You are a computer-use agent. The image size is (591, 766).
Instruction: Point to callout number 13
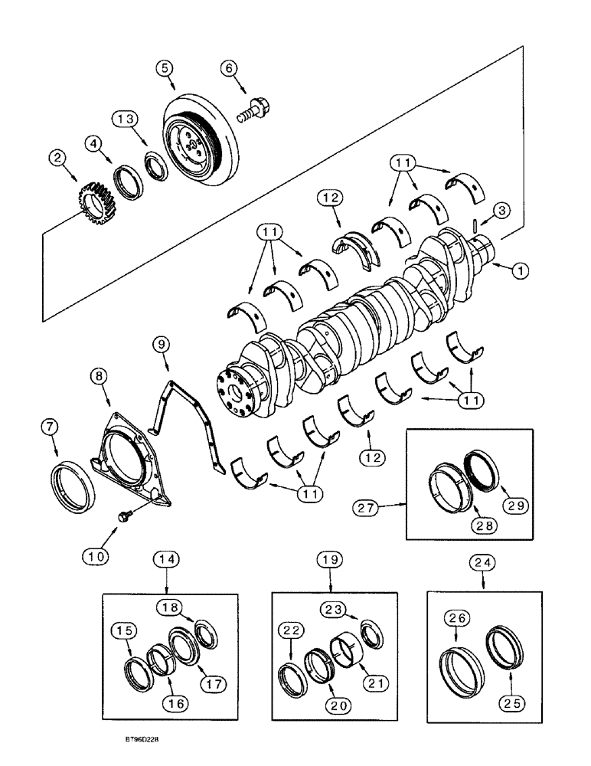126,119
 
